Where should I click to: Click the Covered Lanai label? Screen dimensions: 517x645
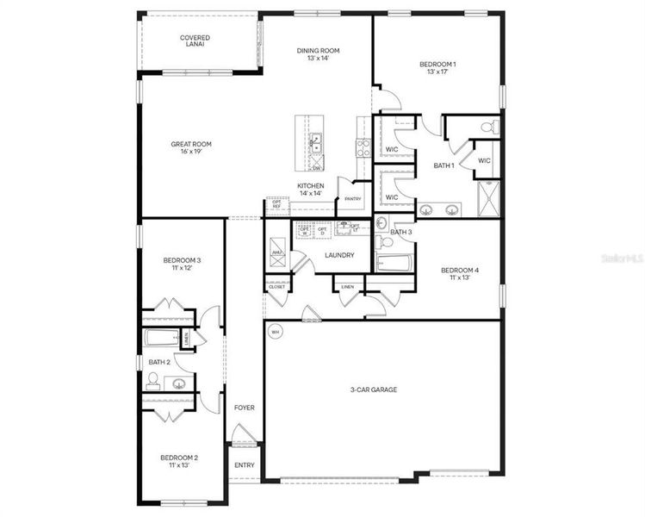click(x=195, y=41)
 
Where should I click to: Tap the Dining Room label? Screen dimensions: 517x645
click(x=319, y=54)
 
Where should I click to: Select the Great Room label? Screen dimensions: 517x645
click(x=191, y=148)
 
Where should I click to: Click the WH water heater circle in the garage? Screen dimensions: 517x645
click(x=276, y=331)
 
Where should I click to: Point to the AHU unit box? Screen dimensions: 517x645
click(x=277, y=252)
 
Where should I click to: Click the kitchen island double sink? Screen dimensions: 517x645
click(x=316, y=143)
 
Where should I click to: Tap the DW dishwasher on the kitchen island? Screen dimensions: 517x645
click(x=316, y=167)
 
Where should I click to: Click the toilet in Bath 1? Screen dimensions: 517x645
click(x=487, y=128)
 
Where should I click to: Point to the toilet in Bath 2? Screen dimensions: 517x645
click(x=154, y=379)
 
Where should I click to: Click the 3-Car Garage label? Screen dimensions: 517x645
click(x=373, y=389)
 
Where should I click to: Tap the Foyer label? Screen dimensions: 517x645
click(x=245, y=407)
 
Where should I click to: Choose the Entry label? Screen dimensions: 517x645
click(x=245, y=465)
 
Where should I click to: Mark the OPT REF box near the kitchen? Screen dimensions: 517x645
click(x=276, y=205)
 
